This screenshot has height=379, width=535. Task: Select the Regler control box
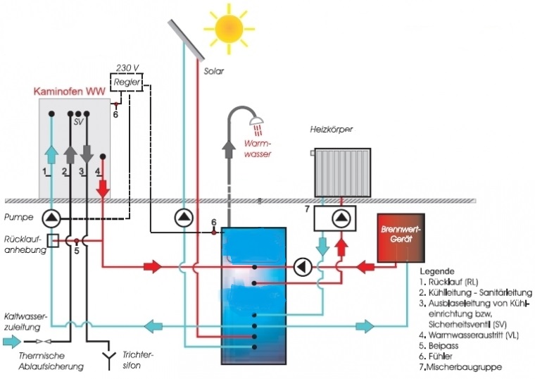click(x=127, y=82)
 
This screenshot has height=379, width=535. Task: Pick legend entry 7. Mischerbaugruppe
click(x=459, y=367)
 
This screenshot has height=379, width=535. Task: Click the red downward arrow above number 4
click(x=103, y=188)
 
